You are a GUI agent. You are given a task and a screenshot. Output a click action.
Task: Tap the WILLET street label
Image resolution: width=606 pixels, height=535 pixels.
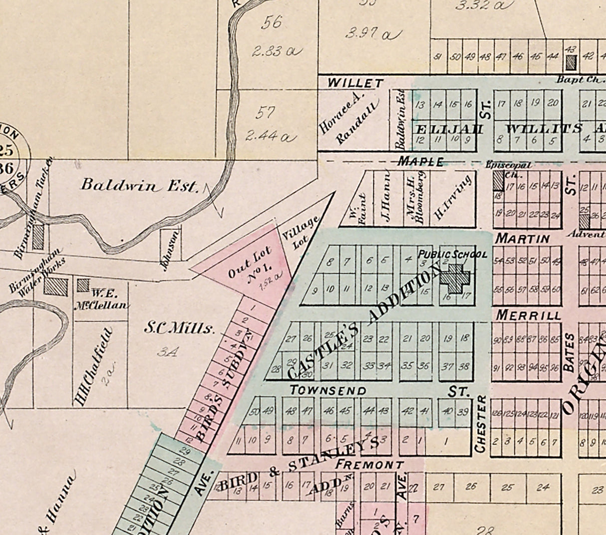click(x=355, y=83)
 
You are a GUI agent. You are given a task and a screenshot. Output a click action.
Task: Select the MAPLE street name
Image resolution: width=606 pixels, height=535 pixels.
click(x=420, y=162)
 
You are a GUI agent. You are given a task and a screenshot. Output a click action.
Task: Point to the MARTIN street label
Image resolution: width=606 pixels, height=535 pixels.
click(x=522, y=239)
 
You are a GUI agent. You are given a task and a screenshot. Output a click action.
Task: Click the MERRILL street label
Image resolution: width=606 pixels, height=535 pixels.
click(x=528, y=316)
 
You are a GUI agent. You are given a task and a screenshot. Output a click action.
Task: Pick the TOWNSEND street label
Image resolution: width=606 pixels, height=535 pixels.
click(x=328, y=390)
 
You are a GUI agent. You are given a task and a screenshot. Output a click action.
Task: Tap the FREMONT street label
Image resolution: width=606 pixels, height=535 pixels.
click(x=369, y=465)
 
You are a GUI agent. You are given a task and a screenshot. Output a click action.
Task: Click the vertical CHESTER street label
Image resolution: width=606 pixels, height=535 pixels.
click(x=480, y=424)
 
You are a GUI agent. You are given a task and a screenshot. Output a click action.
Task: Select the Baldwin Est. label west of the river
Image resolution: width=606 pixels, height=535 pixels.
click(x=140, y=186)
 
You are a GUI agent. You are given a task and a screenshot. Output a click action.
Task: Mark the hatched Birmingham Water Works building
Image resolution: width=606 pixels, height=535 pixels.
click(x=56, y=286)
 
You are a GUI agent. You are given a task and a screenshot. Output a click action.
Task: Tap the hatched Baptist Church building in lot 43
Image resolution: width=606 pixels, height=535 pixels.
click(x=571, y=62)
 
